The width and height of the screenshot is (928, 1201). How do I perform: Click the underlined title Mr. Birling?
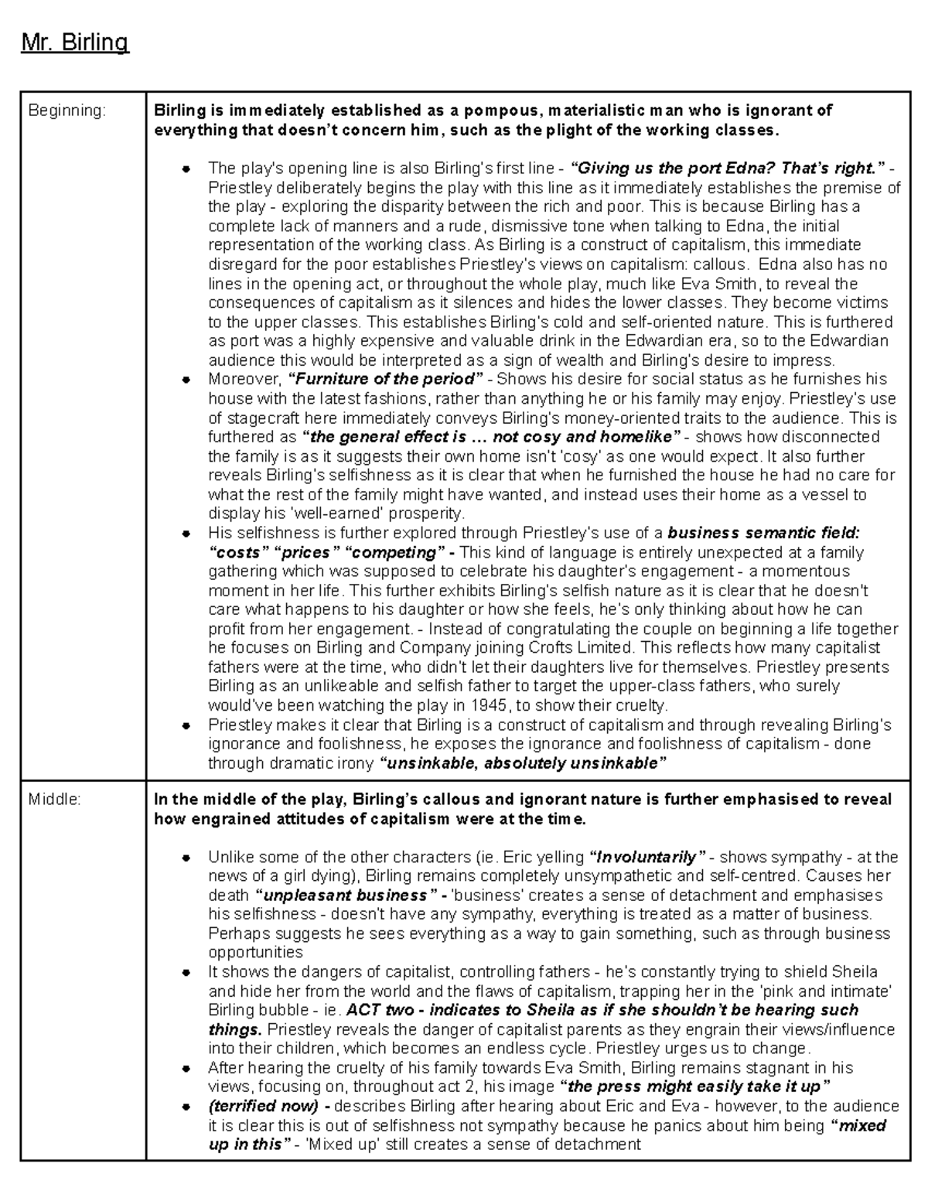(74, 42)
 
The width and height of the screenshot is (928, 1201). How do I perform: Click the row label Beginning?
(66, 111)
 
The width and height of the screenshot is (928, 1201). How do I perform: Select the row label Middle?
(54, 800)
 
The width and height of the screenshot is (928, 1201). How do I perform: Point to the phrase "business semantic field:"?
(763, 533)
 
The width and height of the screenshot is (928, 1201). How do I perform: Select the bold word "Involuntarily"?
(648, 857)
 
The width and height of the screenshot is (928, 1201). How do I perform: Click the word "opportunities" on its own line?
(255, 953)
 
